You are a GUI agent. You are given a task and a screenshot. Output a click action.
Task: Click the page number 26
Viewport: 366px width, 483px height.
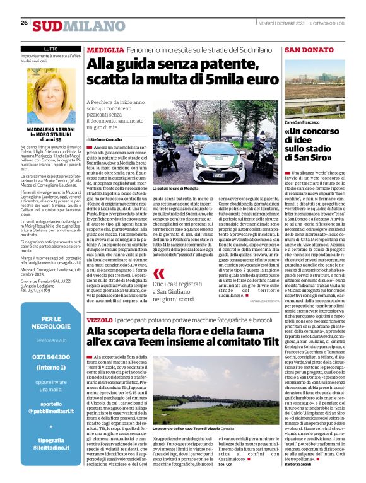click(24, 23)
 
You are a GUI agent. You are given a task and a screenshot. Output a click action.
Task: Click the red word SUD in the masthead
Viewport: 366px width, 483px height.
click(47, 25)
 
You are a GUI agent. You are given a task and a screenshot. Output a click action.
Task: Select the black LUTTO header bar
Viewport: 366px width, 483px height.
click(50, 49)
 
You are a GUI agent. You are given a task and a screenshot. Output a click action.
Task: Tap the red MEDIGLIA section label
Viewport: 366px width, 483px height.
click(105, 49)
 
